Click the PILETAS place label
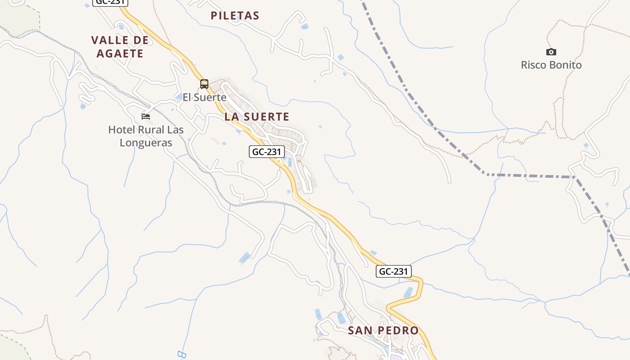point(235,16)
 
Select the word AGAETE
point(120,54)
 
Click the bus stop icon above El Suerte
point(204,84)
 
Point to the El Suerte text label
point(204,97)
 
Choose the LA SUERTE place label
point(257,117)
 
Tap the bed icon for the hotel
point(146,116)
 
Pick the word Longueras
point(146,143)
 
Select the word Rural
point(153,130)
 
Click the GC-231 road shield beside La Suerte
point(267,152)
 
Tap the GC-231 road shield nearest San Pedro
point(394,271)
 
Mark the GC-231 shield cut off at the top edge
point(110,2)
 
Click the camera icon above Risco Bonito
point(551,52)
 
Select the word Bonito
point(566,65)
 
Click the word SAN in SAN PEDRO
point(360,331)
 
